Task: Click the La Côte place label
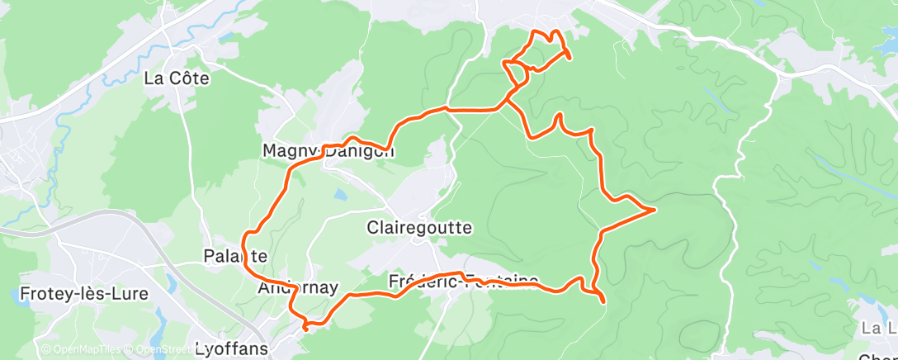click(176, 79)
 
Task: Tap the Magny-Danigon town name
click(328, 152)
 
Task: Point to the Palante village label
click(234, 256)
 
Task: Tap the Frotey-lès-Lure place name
click(73, 294)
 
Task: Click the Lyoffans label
click(231, 348)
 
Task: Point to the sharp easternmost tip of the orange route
click(655, 210)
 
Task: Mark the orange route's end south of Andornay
click(305, 329)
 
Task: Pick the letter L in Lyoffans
click(200, 348)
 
